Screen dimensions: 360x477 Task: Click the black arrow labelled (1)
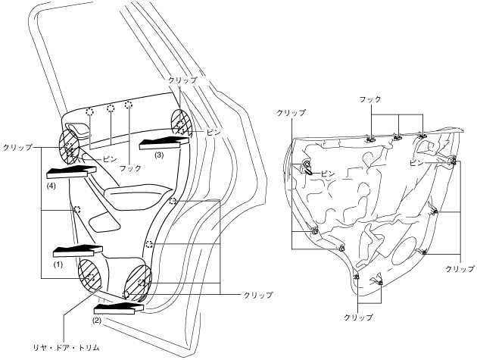[74, 251]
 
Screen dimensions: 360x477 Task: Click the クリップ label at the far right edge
[460, 268]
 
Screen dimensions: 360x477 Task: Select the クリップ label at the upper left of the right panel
[291, 112]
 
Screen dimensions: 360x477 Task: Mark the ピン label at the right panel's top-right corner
[416, 162]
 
